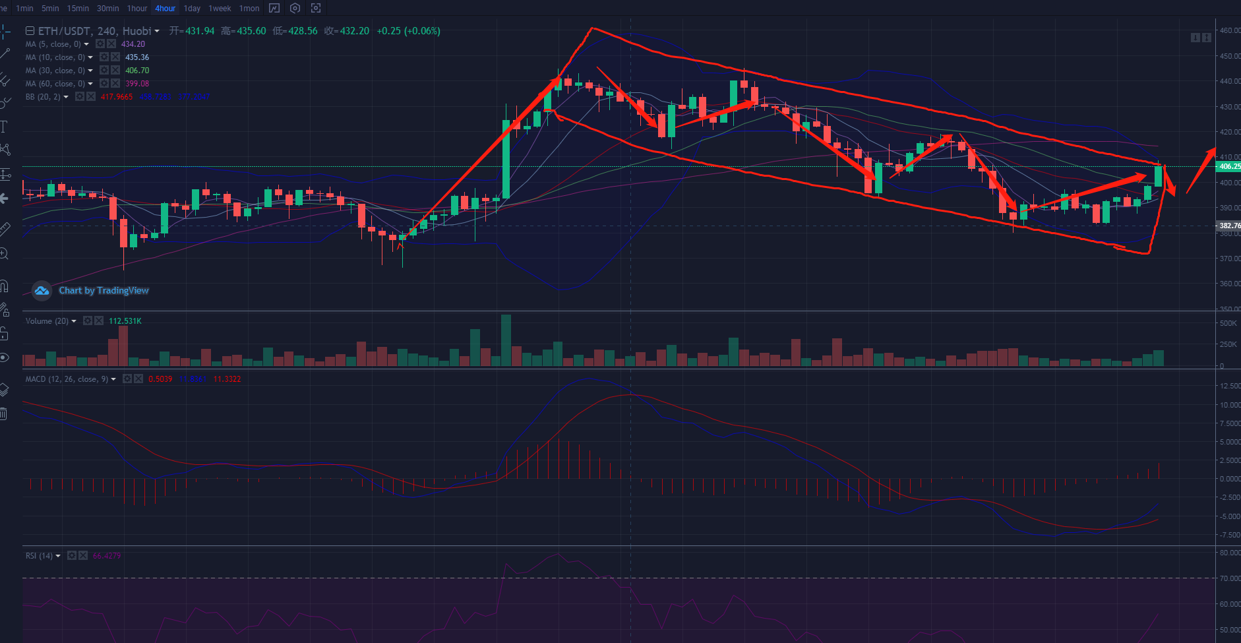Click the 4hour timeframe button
(165, 9)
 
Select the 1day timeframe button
(192, 9)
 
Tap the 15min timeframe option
(78, 9)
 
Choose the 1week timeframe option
(220, 9)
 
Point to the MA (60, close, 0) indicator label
(55, 84)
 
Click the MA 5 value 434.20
(133, 44)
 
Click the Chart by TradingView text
(104, 290)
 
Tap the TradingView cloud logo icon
(42, 290)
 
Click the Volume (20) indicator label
(47, 321)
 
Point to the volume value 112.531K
(125, 321)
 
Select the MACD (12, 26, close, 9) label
(67, 379)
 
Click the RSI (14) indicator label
(39, 556)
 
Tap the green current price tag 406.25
(1228, 167)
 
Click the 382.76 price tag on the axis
(1228, 226)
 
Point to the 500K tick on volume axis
(1228, 323)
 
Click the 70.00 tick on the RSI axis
(1229, 578)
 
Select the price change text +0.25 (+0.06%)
(408, 31)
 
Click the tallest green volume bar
(506, 340)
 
